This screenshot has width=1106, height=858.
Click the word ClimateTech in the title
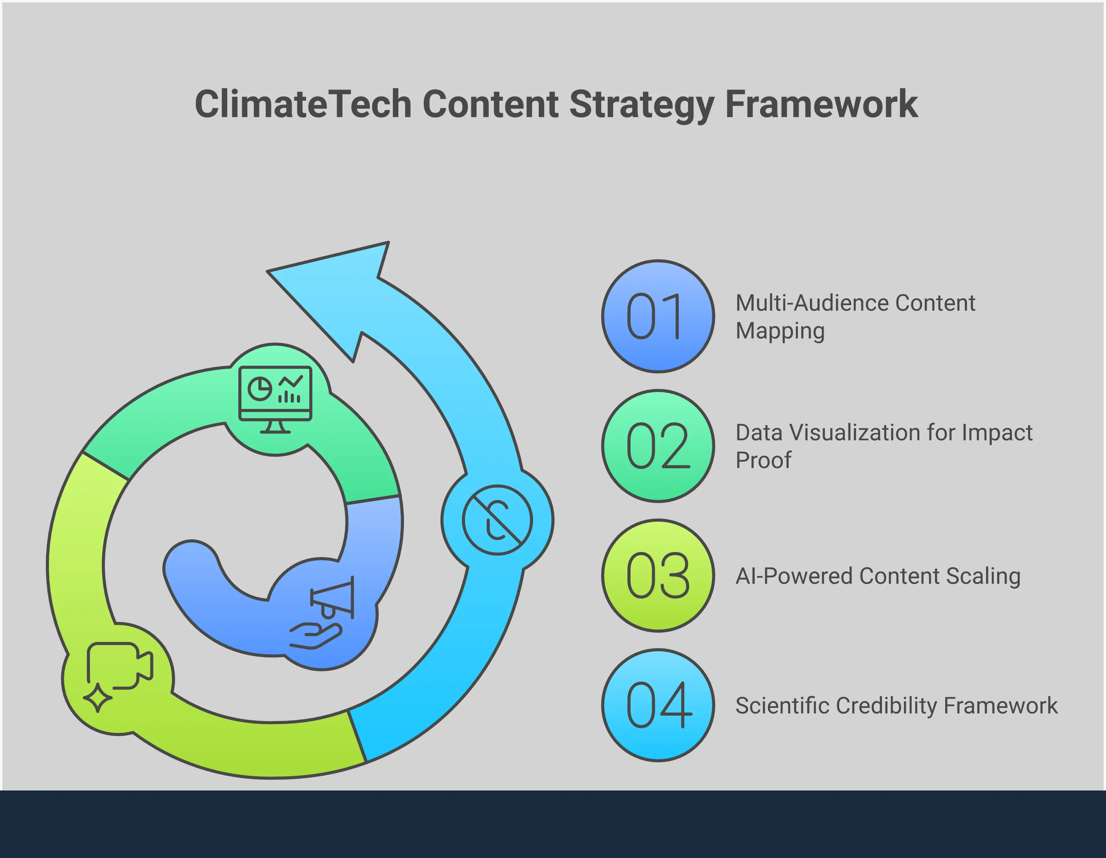303,104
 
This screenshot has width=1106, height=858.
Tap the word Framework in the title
821,104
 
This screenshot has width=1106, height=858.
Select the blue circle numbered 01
658,317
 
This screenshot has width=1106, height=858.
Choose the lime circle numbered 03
658,575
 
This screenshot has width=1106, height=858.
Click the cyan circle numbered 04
658,705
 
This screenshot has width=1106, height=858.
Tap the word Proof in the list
763,460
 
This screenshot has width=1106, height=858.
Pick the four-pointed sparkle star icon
97,698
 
